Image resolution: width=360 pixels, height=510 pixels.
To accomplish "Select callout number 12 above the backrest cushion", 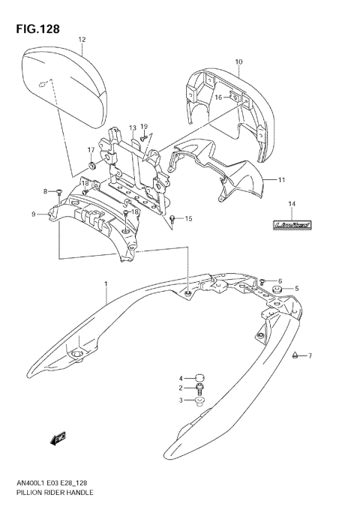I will click(82, 40).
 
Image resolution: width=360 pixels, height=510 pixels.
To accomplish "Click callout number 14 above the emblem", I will click(292, 204).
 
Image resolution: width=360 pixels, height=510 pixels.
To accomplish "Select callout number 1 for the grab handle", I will click(106, 283).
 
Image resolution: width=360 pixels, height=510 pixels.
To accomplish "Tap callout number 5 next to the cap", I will click(296, 289).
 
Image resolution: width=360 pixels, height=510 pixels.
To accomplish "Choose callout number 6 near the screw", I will click(279, 280).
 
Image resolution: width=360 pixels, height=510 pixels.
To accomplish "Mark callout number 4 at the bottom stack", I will click(181, 377).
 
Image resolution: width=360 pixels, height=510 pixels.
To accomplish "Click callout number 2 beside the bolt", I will click(181, 388).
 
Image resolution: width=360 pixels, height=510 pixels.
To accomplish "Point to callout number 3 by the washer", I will click(181, 400).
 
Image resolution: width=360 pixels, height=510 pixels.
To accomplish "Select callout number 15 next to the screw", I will click(189, 219).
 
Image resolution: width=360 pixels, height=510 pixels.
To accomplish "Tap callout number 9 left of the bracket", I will click(34, 214).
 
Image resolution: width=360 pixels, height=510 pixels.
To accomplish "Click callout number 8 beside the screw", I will click(45, 191).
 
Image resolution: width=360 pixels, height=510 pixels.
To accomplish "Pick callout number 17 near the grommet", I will click(91, 149).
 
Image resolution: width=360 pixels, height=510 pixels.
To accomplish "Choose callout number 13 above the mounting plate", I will click(132, 128).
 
